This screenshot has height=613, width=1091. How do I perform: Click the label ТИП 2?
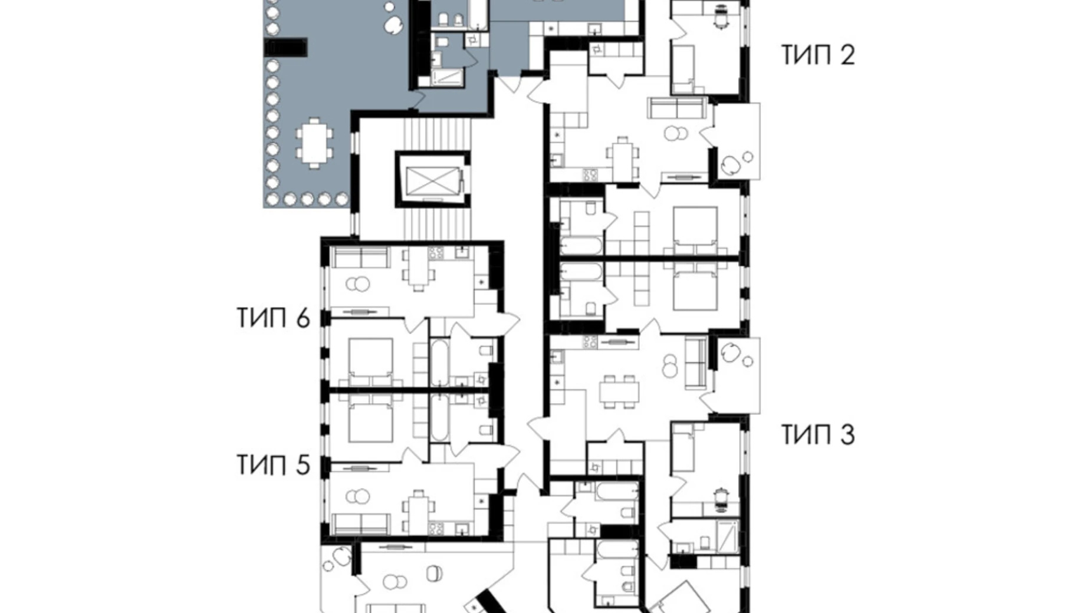[818, 55]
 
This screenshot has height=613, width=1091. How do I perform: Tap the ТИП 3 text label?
[818, 435]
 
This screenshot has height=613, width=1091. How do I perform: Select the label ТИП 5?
[273, 465]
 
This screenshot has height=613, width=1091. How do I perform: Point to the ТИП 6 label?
[273, 318]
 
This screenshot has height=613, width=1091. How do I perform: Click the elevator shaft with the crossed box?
[432, 180]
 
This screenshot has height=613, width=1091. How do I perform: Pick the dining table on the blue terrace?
[314, 143]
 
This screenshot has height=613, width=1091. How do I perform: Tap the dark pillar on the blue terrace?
[285, 47]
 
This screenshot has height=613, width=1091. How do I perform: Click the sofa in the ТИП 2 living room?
[677, 108]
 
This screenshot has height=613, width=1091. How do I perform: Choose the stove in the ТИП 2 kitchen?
[590, 175]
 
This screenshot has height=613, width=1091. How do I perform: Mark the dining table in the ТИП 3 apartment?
[619, 391]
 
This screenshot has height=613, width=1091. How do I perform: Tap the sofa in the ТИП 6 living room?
[360, 257]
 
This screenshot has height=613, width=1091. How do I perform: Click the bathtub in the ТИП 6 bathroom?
[439, 362]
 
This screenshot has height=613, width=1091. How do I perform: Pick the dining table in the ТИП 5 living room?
[418, 510]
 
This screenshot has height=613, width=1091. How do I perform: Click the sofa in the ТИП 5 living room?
[360, 523]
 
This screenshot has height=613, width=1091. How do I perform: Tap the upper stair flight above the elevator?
[436, 134]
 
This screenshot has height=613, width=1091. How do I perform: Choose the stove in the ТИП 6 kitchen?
[436, 253]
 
